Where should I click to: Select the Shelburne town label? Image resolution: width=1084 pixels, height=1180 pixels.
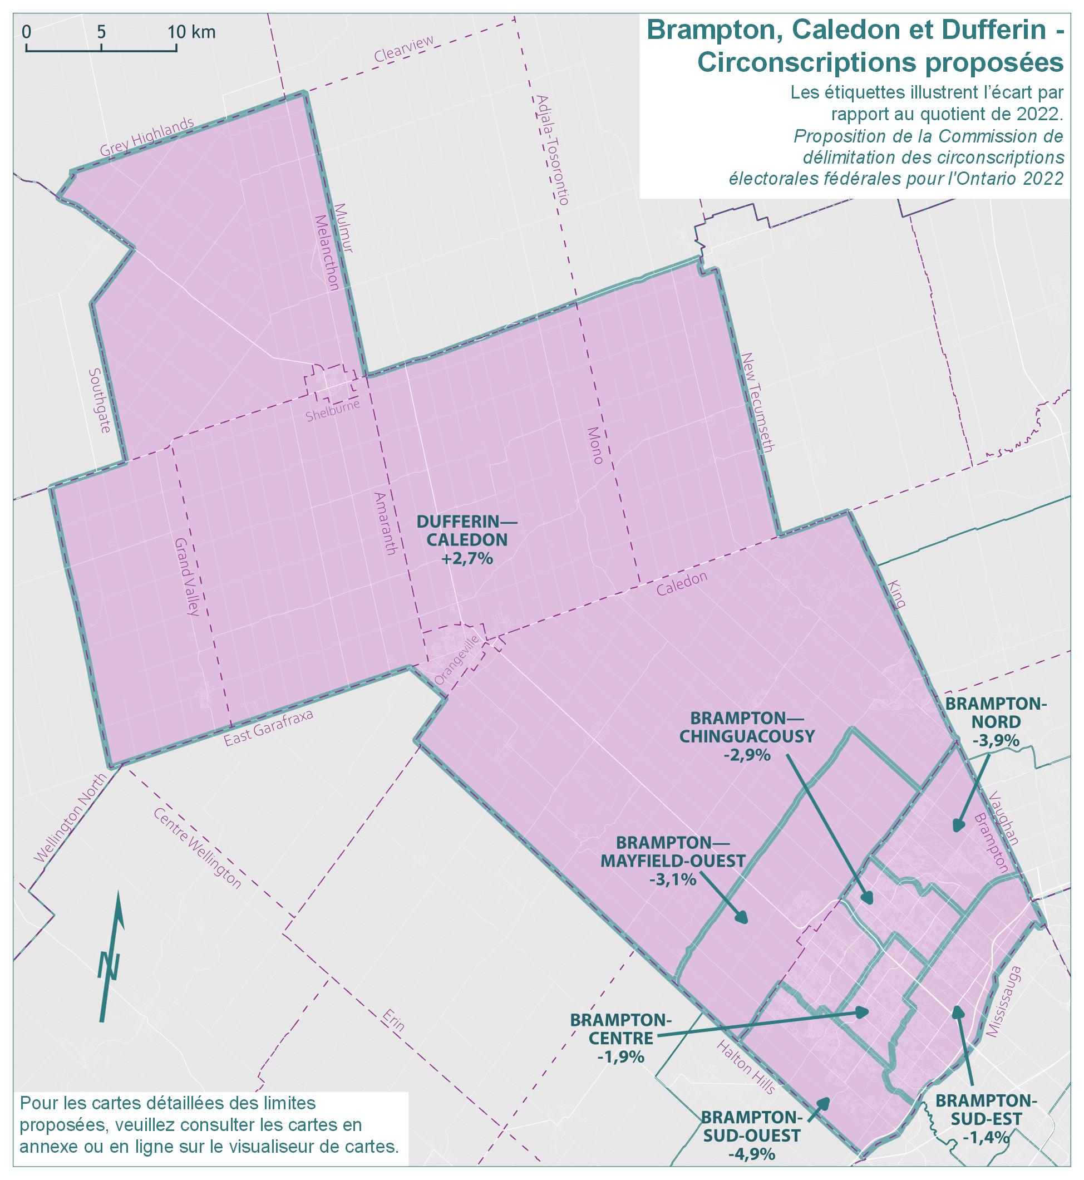(333, 410)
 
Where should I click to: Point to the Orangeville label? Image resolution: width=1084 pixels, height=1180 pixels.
(458, 660)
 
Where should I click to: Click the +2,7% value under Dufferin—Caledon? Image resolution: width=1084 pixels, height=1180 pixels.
(467, 559)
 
